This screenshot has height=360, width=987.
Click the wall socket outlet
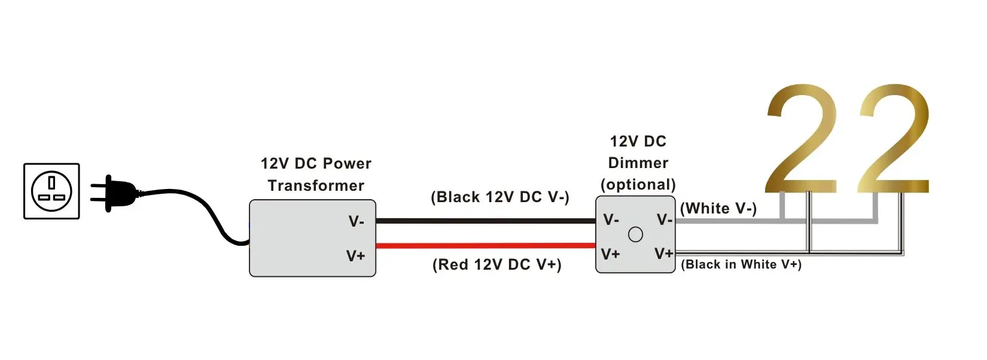(51, 191)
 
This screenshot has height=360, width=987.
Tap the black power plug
(117, 193)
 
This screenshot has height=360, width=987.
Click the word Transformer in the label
(316, 185)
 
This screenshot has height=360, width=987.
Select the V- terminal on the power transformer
(357, 222)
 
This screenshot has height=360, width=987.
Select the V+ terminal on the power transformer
(356, 256)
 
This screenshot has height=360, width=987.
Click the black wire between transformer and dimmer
(485, 221)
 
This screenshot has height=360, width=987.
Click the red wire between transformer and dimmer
(485, 245)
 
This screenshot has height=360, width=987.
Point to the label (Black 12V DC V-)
(500, 197)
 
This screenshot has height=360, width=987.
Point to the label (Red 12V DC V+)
(497, 265)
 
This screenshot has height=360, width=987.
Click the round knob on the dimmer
(635, 234)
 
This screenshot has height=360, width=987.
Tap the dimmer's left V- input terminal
(611, 219)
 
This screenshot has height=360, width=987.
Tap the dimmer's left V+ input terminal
(610, 254)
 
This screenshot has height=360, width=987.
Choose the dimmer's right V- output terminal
(665, 219)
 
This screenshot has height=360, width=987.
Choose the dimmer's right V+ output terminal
(664, 254)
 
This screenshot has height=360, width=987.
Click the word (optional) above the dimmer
(638, 184)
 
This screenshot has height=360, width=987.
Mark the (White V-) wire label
(718, 208)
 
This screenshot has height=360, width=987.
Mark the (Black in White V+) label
(741, 264)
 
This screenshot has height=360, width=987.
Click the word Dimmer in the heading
(638, 163)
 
